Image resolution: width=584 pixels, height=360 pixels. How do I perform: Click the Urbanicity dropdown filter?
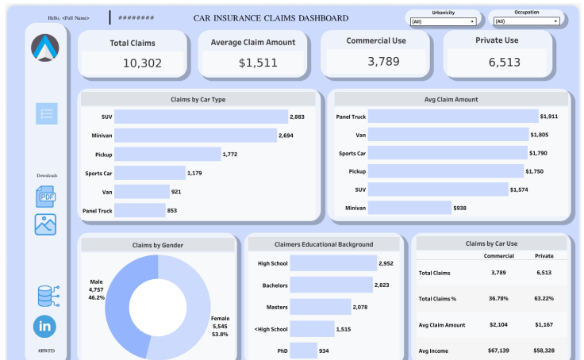click(444, 21)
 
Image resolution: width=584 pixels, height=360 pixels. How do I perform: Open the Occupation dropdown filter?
click(526, 21)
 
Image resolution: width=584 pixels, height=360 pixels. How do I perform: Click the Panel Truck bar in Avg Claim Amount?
click(452, 117)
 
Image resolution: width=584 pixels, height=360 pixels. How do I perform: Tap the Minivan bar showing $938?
click(409, 208)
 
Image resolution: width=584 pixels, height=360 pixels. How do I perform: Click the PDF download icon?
click(45, 196)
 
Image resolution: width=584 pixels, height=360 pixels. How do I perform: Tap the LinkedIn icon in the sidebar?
click(45, 326)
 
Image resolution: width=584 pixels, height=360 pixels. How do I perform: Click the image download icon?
click(45, 224)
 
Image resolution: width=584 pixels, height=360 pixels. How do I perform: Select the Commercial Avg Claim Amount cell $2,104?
click(498, 324)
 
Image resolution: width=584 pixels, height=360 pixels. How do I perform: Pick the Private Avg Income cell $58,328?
click(544, 350)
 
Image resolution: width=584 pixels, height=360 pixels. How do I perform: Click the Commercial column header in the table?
click(498, 255)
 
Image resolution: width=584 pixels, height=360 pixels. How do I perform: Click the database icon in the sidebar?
click(45, 295)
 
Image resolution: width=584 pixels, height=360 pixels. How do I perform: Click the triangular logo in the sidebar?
click(45, 48)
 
